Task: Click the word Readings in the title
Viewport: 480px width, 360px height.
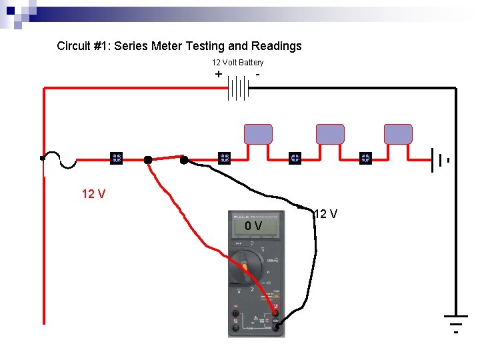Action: pos(276,46)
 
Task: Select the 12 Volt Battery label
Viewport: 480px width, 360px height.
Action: pos(237,62)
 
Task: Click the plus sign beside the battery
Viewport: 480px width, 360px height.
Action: pos(219,74)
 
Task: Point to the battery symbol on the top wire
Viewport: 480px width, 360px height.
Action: pos(238,87)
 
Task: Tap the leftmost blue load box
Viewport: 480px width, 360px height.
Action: pos(258,134)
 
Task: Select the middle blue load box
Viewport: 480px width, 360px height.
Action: pos(329,134)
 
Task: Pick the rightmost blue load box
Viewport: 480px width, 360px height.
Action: pos(398,134)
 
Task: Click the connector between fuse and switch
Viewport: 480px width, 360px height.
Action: pos(116,158)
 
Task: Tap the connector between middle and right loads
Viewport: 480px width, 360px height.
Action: pos(365,158)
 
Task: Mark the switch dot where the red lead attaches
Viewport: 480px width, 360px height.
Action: pos(148,159)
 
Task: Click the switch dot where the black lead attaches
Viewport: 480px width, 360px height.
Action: pos(184,159)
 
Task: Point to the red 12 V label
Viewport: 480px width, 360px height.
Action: pos(93,194)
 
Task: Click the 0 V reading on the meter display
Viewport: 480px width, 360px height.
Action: pos(253,227)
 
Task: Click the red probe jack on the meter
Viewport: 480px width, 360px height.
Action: pos(275,313)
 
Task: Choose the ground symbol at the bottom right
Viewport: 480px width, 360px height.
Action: pos(456,321)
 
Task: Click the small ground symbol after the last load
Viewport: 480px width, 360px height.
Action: pos(442,160)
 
